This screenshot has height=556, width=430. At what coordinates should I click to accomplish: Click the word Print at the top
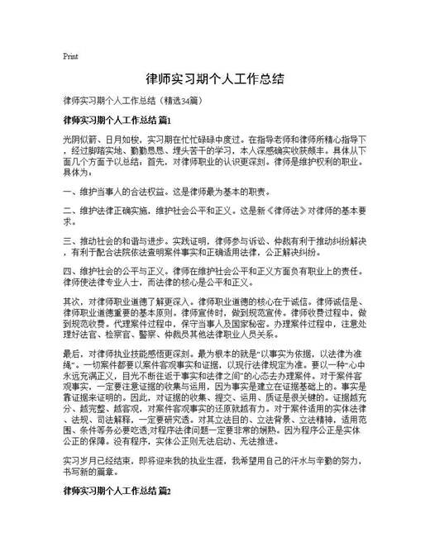click(x=70, y=56)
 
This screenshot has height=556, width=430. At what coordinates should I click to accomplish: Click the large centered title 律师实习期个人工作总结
click(x=215, y=79)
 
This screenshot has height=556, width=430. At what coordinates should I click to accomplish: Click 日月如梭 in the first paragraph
click(x=114, y=140)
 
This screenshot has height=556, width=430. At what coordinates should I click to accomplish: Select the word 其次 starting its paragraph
click(x=70, y=300)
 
